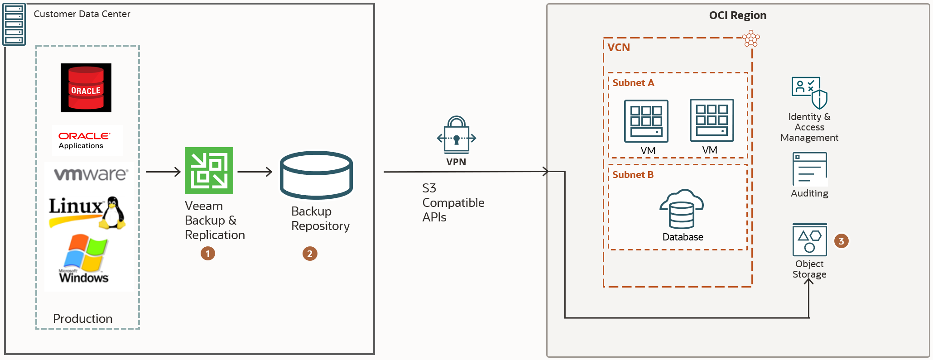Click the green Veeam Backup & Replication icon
(x=209, y=171)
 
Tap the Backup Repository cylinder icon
(x=316, y=175)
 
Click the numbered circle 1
(x=208, y=254)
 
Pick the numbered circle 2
(x=310, y=254)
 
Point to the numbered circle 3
(x=841, y=241)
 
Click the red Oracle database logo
(x=86, y=88)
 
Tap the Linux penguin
(x=112, y=212)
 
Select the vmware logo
(x=91, y=174)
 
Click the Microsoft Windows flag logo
(x=86, y=252)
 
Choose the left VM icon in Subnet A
(x=646, y=121)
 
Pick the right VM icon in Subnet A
(x=712, y=120)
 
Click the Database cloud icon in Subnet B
(x=682, y=209)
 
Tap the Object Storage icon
(x=809, y=240)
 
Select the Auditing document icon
(x=809, y=169)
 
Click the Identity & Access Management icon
(x=809, y=92)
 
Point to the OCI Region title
(x=737, y=15)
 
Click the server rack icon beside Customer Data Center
(x=14, y=24)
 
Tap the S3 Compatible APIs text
(x=452, y=202)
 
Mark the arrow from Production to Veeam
(x=163, y=172)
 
